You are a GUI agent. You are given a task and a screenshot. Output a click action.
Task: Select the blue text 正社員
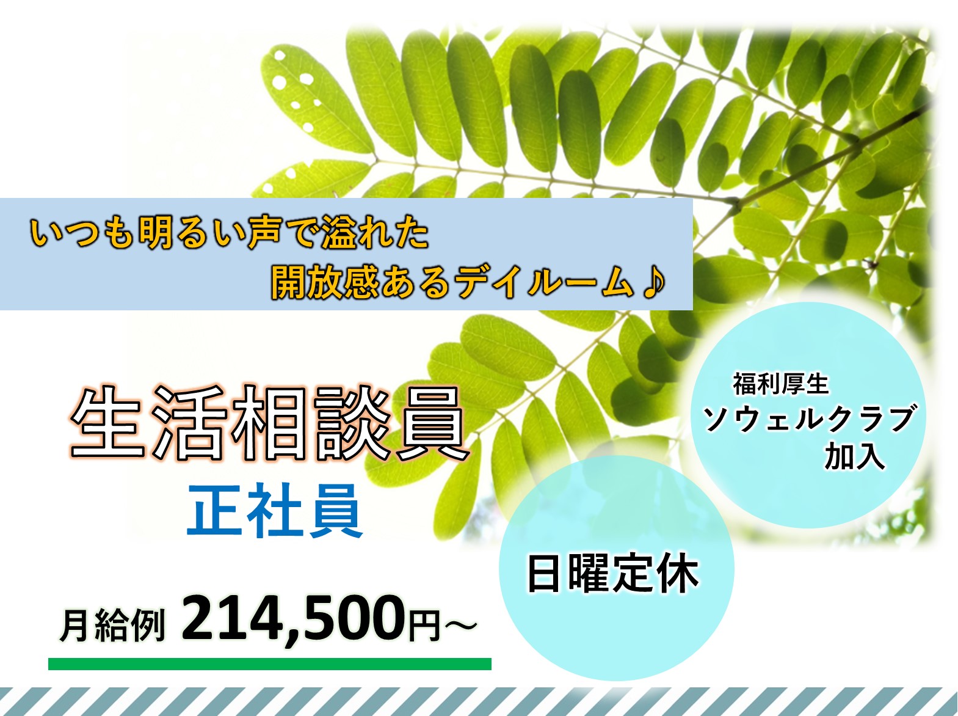pyautogui.click(x=275, y=511)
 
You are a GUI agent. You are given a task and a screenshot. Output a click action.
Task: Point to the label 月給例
pyautogui.click(x=112, y=625)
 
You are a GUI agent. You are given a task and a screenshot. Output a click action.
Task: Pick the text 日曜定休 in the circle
pyautogui.click(x=613, y=573)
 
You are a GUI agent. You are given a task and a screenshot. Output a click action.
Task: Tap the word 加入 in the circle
pyautogui.click(x=855, y=457)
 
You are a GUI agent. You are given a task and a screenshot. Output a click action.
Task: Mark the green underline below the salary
pyautogui.click(x=270, y=664)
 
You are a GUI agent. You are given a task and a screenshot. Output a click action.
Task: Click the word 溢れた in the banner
pyautogui.click(x=376, y=233)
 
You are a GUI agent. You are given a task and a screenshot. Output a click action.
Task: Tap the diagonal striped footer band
pyautogui.click(x=479, y=701)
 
